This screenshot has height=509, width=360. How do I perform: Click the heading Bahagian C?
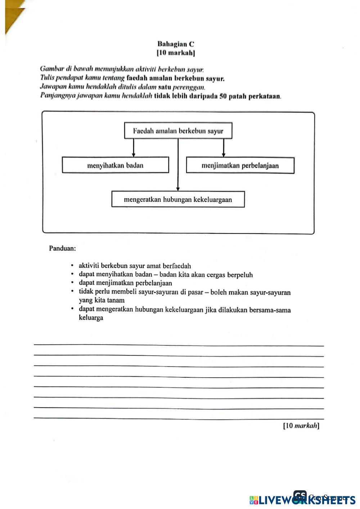click(x=176, y=44)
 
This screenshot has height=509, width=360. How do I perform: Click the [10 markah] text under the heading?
click(x=176, y=53)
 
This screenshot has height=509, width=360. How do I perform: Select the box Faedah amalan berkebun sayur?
click(x=178, y=131)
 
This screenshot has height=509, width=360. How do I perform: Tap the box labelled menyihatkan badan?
click(x=115, y=165)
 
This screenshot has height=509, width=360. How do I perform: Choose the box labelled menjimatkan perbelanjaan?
click(x=240, y=166)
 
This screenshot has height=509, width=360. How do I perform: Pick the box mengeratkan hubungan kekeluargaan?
click(x=178, y=200)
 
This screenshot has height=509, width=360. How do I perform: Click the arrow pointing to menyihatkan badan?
click(x=134, y=147)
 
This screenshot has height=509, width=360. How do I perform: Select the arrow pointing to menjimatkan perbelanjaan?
click(x=224, y=147)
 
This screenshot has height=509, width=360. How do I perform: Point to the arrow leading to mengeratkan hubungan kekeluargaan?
click(x=178, y=165)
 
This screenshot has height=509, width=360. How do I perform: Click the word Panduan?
click(x=62, y=248)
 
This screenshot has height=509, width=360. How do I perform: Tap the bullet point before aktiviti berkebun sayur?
click(x=72, y=266)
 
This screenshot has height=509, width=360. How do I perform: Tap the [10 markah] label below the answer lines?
click(x=301, y=426)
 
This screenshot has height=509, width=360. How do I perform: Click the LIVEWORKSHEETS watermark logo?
click(x=302, y=500)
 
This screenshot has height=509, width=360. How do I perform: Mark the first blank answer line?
click(x=179, y=345)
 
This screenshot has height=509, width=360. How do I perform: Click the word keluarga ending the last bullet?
click(x=91, y=318)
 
